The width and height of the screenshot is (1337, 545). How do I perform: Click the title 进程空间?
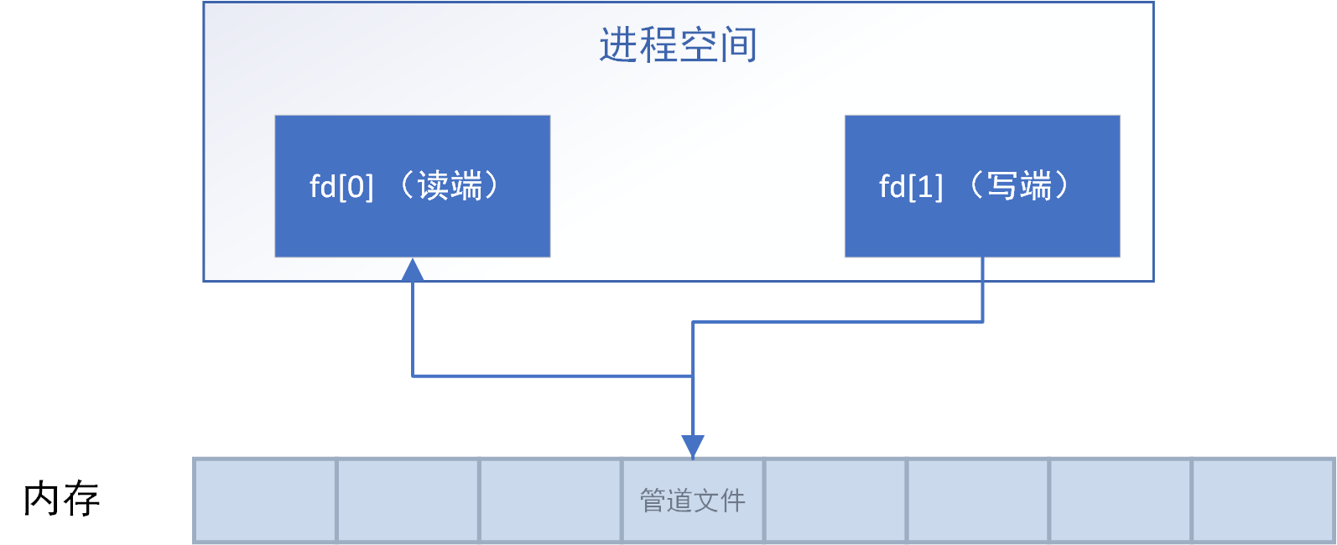[678, 45]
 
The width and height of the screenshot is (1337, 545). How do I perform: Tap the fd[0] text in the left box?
[341, 186]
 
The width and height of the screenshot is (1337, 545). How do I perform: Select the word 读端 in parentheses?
[450, 185]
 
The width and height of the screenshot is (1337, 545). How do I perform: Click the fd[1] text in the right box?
[911, 186]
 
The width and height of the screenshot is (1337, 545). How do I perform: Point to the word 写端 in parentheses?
[1020, 185]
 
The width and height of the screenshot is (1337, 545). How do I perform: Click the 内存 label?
[61, 500]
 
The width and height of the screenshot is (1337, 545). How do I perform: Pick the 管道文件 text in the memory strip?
[693, 501]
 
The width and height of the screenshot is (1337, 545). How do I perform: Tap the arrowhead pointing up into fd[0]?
[413, 269]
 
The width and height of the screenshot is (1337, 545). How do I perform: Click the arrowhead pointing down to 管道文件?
[693, 446]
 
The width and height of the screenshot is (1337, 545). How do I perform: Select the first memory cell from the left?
[265, 501]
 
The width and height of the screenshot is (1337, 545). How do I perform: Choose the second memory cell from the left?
[408, 501]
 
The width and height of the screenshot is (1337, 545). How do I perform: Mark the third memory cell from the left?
[550, 501]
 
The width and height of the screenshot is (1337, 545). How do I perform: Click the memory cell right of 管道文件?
[835, 501]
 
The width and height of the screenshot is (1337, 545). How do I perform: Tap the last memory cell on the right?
[1263, 501]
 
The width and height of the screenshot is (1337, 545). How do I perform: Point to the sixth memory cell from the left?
[978, 501]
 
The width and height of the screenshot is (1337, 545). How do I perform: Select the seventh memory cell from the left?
[1121, 501]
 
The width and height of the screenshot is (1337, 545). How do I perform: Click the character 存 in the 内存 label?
[82, 500]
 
